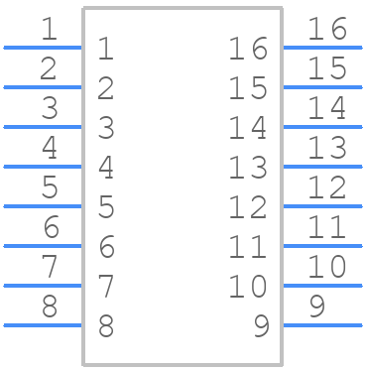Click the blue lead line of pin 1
43,47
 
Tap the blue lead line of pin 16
322,47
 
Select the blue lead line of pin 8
43,324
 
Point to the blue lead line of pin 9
322,324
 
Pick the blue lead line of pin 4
43,166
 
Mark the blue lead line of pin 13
322,166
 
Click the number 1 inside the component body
106,49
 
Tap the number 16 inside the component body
248,49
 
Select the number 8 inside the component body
106,326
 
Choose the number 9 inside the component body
261,326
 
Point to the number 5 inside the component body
106,207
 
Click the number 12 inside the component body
248,207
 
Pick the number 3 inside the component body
106,128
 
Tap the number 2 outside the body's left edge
49,69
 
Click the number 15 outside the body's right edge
326,69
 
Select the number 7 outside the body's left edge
49,268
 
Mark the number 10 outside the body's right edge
326,268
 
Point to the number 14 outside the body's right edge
326,109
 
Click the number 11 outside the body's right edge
326,228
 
